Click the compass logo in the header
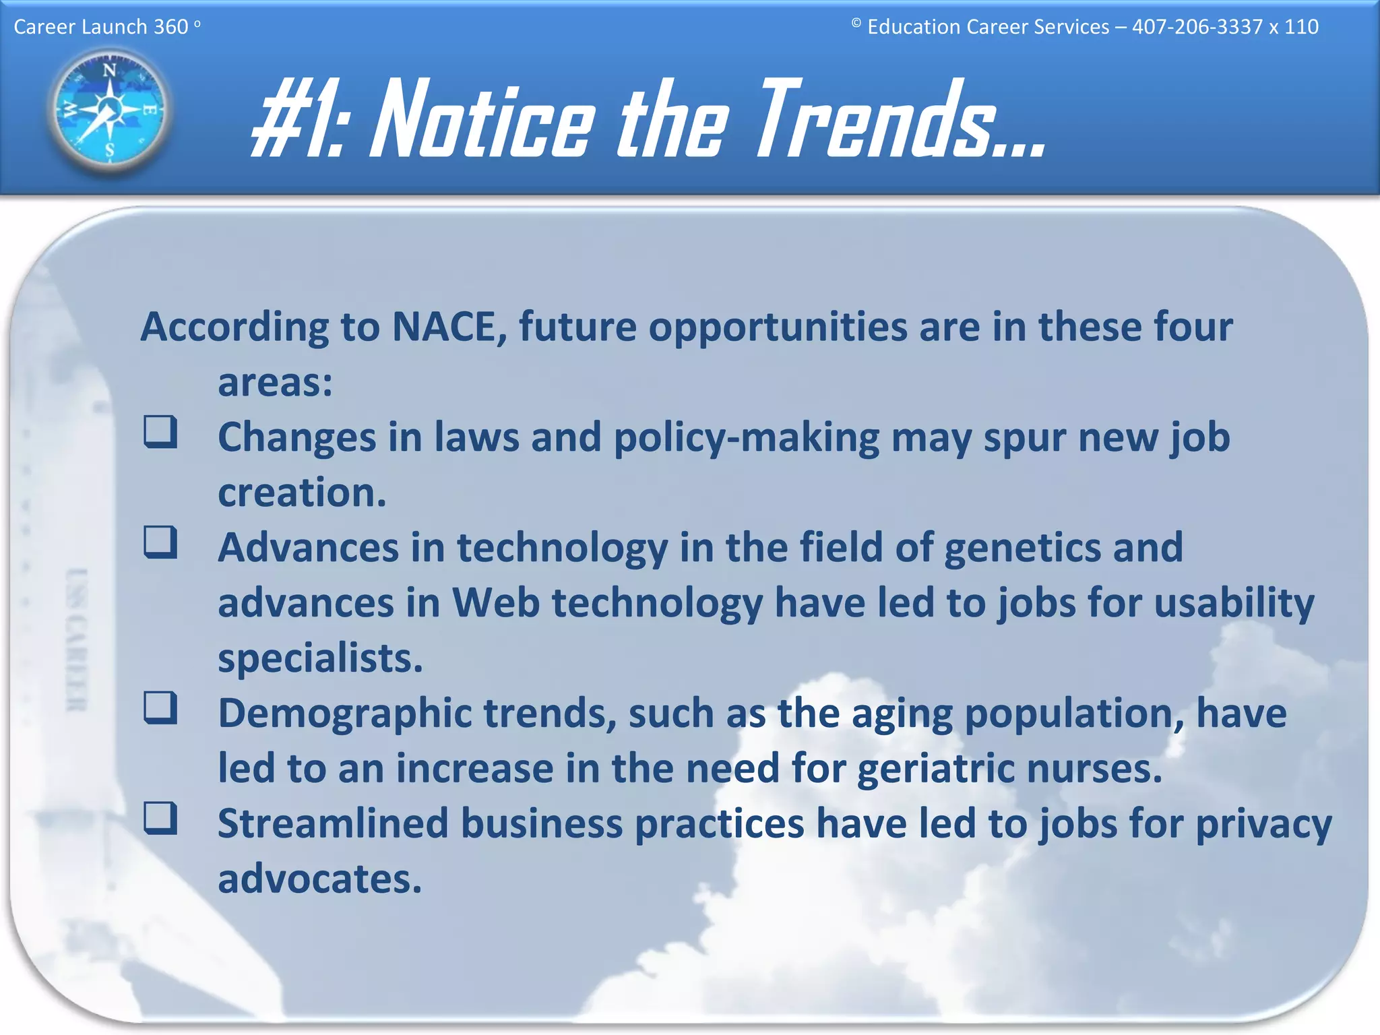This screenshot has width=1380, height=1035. click(109, 110)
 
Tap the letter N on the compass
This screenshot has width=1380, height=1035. click(109, 70)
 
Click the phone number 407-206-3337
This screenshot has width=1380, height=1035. click(1197, 27)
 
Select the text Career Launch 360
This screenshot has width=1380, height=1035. click(101, 27)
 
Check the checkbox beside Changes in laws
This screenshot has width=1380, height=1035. click(160, 432)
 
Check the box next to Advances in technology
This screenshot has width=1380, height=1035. click(160, 542)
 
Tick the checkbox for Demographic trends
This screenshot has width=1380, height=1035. click(160, 708)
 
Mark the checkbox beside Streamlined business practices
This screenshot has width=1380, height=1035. click(160, 818)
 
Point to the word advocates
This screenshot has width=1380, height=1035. click(319, 880)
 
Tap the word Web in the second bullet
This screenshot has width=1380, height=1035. click(495, 602)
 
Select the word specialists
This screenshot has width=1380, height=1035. click(319, 659)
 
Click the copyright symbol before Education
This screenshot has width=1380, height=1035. click(856, 23)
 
